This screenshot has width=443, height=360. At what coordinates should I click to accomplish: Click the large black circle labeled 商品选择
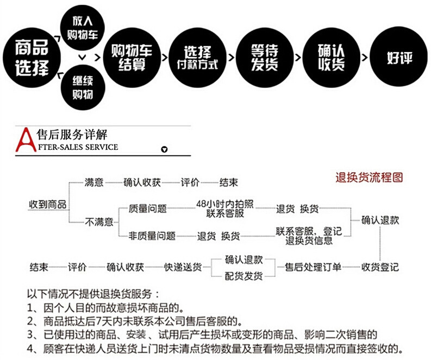tap(32, 56)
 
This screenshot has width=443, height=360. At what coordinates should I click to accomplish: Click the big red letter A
tap(24, 140)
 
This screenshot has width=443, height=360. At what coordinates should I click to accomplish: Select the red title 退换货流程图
tap(369, 178)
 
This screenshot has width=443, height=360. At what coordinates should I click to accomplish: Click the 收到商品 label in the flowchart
tap(47, 204)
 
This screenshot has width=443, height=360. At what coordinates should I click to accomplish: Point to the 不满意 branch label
tap(99, 222)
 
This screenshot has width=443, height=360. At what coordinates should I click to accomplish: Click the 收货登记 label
tap(380, 267)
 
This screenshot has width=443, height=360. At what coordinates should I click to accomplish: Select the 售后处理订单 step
tap(314, 267)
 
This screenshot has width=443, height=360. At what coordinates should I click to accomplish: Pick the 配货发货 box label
tap(244, 276)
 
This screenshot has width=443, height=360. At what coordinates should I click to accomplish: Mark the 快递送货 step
tap(183, 267)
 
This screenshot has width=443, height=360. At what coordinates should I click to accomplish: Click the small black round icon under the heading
tap(165, 150)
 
